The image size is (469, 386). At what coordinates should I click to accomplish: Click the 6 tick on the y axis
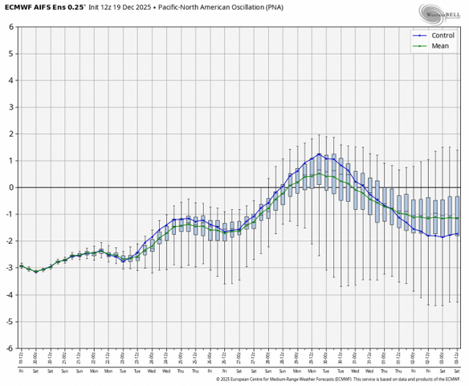tap(11, 27)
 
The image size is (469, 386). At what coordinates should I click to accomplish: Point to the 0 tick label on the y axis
tap(11, 187)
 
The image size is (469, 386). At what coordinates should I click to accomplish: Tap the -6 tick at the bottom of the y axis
tap(10, 348)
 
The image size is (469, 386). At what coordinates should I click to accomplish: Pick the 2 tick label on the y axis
tap(11, 133)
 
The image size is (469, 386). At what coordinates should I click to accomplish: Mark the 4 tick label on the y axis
tap(11, 80)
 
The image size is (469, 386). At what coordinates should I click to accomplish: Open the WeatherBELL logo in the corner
tap(438, 12)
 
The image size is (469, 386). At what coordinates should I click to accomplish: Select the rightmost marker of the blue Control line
tap(457, 234)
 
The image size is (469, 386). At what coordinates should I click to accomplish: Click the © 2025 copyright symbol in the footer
tap(218, 380)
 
